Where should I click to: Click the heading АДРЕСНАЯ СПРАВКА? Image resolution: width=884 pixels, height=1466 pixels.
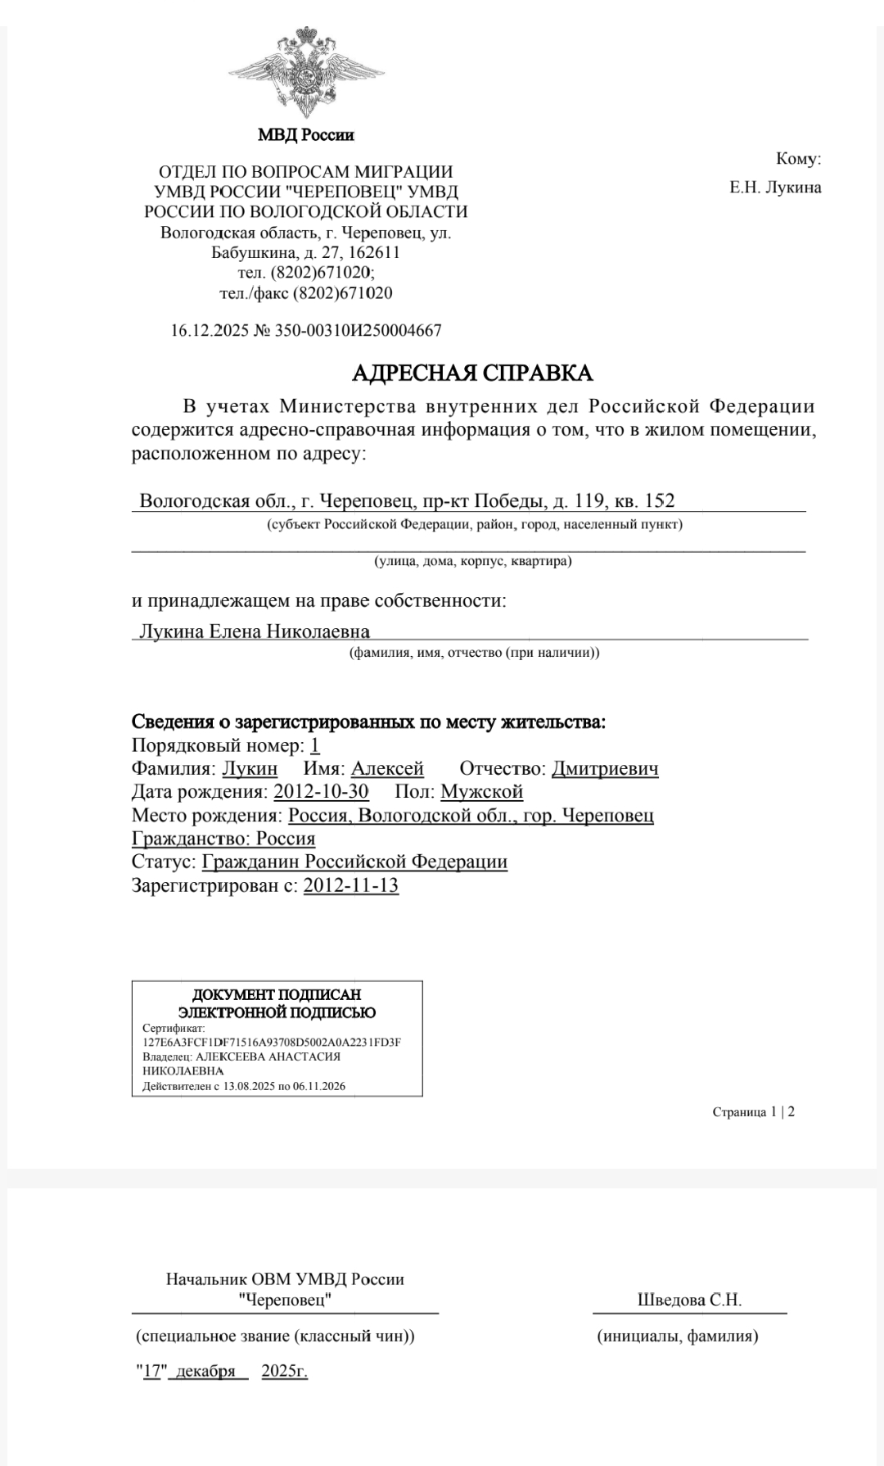(472, 373)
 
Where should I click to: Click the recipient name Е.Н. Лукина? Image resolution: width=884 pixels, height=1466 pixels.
(775, 188)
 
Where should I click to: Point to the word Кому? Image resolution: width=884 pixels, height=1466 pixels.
(797, 159)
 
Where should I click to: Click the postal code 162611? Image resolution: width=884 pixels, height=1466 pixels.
(373, 252)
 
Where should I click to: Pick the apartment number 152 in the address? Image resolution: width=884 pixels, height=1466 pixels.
(659, 500)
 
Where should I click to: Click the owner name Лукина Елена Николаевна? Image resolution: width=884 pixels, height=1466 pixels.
(255, 632)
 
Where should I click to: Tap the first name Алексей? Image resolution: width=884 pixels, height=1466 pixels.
(387, 769)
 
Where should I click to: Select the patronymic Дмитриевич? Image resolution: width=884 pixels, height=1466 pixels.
(605, 769)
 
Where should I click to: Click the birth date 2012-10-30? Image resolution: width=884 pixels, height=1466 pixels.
(321, 792)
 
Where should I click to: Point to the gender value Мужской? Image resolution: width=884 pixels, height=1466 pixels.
(481, 792)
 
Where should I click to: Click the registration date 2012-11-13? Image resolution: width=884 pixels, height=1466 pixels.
(350, 885)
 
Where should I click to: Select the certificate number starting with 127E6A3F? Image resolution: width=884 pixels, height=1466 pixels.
(271, 1043)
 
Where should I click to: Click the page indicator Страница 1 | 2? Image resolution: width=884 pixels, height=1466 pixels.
(753, 1112)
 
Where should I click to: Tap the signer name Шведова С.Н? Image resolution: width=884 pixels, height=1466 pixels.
(689, 1300)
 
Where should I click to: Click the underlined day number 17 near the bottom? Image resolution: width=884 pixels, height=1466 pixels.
(151, 1371)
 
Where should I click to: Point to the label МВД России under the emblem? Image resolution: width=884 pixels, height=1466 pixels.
(306, 135)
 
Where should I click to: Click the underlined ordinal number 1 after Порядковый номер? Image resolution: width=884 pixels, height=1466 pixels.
(315, 745)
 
